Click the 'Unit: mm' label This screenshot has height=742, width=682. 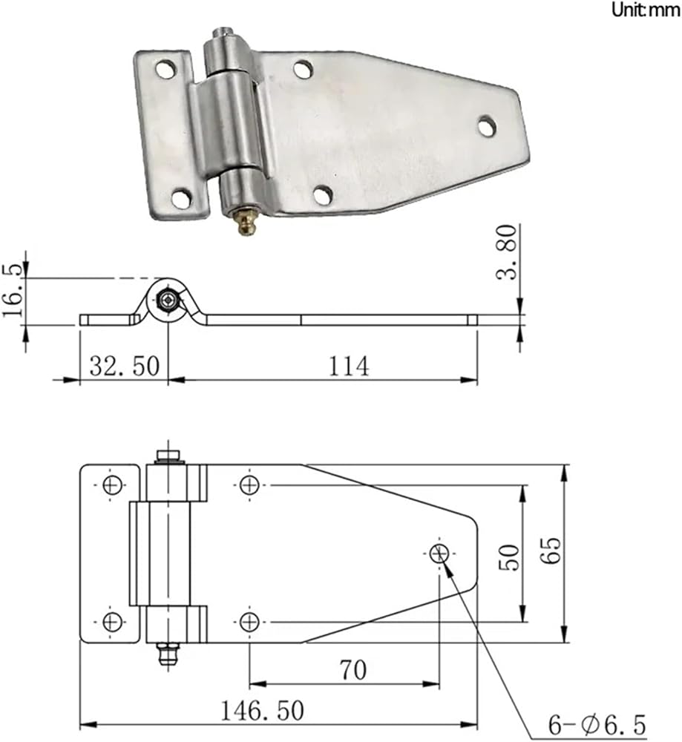coord(646,10)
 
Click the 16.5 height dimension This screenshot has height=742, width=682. coord(13,290)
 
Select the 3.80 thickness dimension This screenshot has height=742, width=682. coord(508,252)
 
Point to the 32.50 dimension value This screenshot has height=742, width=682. coord(125,367)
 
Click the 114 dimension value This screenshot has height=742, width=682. coord(348,367)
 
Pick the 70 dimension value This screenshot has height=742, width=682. coord(353,670)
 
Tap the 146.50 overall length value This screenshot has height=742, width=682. coord(262,711)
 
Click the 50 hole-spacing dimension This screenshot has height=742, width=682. coord(509,557)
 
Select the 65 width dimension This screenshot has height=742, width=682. coord(551,551)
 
